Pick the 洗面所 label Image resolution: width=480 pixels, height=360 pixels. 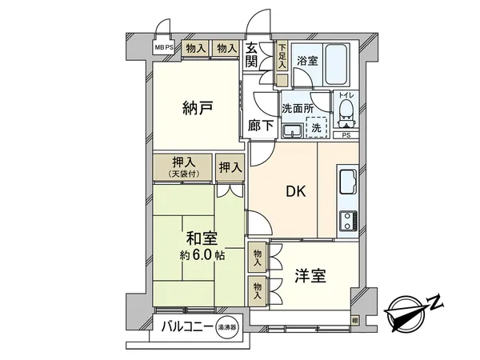295,108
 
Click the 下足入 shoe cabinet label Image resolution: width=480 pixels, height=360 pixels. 282,57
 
